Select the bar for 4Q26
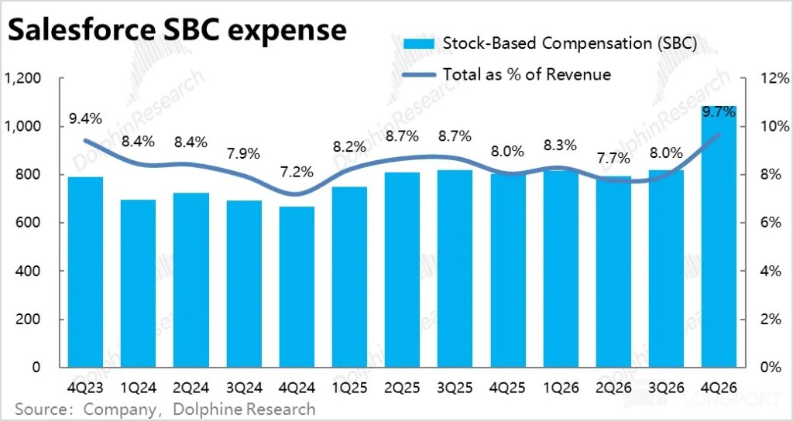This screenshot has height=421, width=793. [719, 240]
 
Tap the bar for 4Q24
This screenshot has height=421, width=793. [296, 286]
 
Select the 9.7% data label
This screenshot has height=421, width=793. [718, 113]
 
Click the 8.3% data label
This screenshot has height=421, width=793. [560, 144]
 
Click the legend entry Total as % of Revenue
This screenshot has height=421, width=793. [527, 74]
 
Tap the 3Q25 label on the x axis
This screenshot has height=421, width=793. [455, 386]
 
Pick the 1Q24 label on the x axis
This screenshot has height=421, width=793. [137, 386]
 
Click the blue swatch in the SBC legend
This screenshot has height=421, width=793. [418, 43]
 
